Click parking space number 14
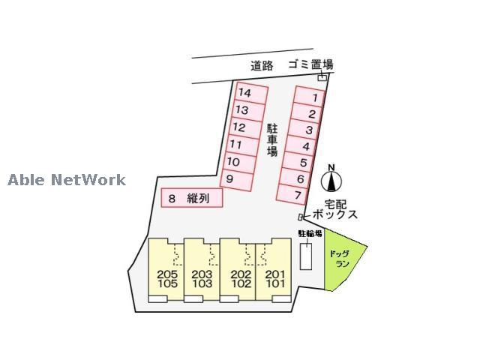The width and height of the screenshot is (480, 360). pos(252,93)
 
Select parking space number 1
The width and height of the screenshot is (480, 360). pos(309,97)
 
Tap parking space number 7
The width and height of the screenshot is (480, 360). pos(292,194)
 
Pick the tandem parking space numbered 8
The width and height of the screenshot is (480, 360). pos(192,198)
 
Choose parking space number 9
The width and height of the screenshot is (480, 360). pos(237,180)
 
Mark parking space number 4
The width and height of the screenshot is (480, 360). pos(301,145)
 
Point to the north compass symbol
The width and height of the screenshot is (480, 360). pos(331,179)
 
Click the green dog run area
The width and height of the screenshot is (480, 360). pos(343,260)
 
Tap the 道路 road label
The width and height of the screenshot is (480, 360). pos(262,66)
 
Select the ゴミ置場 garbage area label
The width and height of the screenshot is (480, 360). pos(310,64)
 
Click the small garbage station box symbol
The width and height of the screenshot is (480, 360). pos(322,77)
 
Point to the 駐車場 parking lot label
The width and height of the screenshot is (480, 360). pos(271,140)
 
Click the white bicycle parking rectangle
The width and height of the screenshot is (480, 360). pos(306,256)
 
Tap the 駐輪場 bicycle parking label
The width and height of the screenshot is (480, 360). pos(310,234)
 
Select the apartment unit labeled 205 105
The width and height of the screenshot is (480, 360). pos(166,271)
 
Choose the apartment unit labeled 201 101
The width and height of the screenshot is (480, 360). pos(273,271)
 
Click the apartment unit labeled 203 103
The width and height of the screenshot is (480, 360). pos(202,271)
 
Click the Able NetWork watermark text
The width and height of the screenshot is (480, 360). pos(67,180)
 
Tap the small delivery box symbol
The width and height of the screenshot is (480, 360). pos(301,217)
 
